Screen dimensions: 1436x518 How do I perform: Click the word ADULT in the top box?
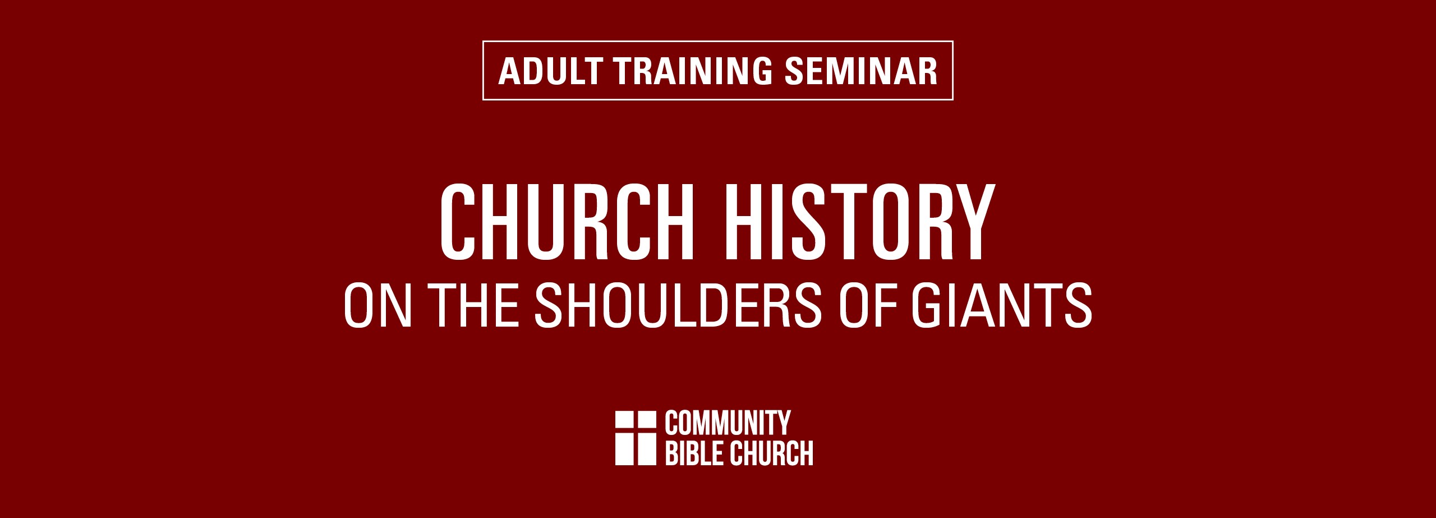pos(551,71)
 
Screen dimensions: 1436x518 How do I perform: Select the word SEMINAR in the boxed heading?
pos(861,71)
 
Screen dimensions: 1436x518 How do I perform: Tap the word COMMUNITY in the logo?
pos(728,423)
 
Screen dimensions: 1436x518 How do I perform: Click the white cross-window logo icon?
pos(636,438)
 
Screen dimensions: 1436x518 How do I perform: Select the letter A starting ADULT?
pos(510,71)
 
